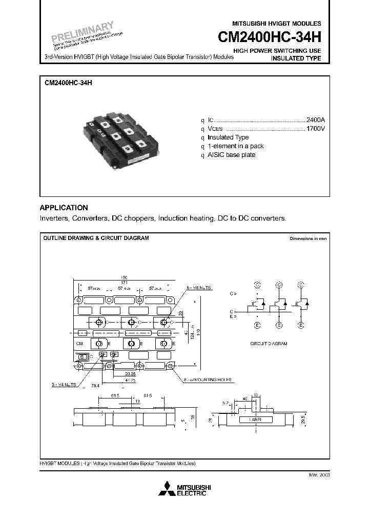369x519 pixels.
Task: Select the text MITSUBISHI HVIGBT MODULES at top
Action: tap(277, 24)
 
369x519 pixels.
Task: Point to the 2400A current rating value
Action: tap(315, 119)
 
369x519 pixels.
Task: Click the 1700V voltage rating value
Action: tap(315, 128)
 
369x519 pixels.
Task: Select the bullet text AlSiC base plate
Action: tap(231, 155)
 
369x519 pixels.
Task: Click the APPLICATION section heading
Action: tap(64, 208)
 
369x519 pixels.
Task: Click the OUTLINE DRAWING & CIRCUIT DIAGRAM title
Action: tap(96, 238)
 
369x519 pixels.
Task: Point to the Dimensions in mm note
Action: tap(308, 239)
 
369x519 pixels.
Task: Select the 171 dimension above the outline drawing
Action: tap(125, 283)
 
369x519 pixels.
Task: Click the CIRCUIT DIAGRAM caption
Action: tap(268, 343)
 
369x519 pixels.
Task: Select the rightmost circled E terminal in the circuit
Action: tap(301, 325)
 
